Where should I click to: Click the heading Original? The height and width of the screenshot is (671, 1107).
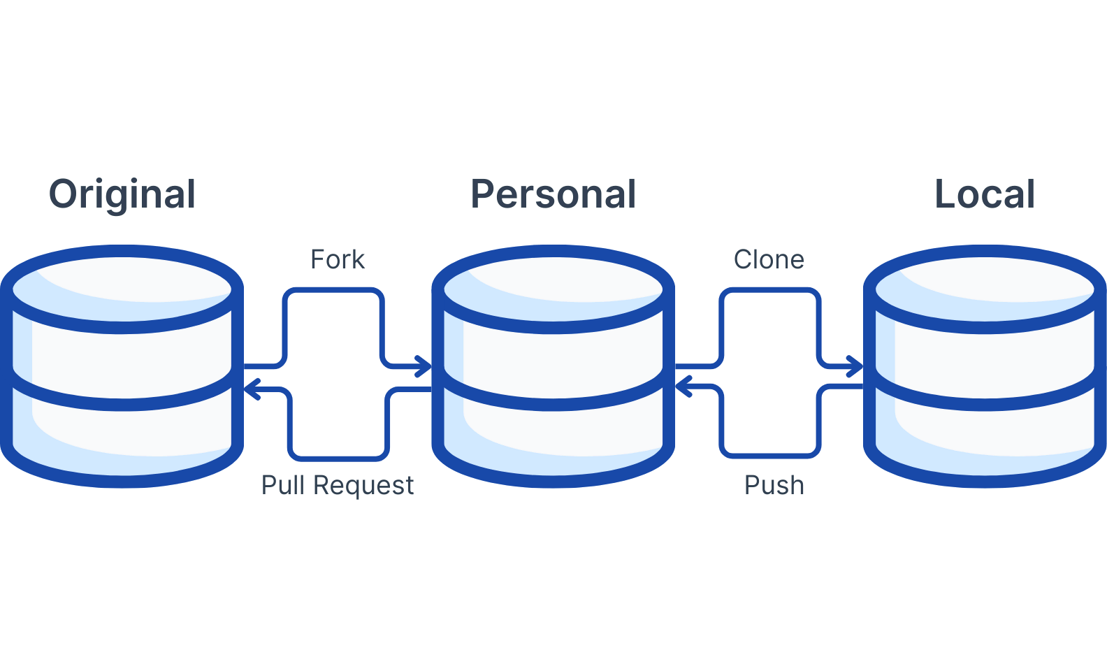click(x=122, y=194)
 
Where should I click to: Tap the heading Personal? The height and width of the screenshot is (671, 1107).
click(x=553, y=194)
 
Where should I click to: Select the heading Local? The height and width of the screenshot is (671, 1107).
click(x=985, y=194)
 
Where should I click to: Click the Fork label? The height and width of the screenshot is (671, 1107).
click(x=338, y=259)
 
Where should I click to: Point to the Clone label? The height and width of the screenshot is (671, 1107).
click(x=769, y=259)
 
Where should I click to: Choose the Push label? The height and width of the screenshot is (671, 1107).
click(x=774, y=484)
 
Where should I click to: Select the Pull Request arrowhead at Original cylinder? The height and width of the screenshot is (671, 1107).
click(x=252, y=389)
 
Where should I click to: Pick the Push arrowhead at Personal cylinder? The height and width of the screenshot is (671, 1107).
click(x=683, y=386)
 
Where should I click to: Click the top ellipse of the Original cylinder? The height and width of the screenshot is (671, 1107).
click(x=122, y=289)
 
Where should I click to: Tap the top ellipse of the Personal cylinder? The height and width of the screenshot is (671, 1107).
click(x=553, y=289)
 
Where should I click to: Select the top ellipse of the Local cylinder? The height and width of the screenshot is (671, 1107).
click(x=985, y=289)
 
